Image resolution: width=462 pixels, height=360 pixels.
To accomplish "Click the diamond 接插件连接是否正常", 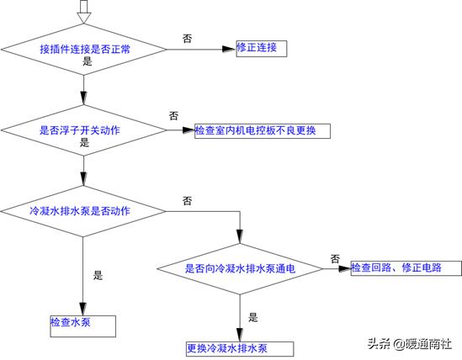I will [83, 48].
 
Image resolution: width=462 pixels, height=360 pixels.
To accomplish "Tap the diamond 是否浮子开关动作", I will [83, 130].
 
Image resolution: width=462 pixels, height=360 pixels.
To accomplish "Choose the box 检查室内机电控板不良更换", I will [260, 130].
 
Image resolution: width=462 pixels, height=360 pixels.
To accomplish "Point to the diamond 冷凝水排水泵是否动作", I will [83, 209].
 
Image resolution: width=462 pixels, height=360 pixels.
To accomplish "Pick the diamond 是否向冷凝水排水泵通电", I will [240, 269].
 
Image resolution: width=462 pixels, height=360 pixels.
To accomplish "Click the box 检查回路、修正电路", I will [406, 268].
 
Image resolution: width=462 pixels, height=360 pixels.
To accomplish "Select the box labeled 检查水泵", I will [82, 324].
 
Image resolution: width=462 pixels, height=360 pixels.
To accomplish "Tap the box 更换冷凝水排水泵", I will [239, 348].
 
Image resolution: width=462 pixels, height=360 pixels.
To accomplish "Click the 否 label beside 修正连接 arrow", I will [187, 38].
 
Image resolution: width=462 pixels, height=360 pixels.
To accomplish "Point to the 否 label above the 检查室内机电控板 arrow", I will [173, 115].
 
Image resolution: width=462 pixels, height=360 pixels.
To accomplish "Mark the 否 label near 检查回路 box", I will [335, 258].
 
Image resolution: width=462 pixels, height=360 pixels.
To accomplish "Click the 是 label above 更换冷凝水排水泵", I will [252, 318].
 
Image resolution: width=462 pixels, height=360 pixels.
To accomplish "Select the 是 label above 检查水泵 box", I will [97, 275].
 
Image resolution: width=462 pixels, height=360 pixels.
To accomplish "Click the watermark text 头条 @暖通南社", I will [408, 343].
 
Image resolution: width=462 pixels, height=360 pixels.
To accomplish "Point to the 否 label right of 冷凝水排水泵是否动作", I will [187, 201].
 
